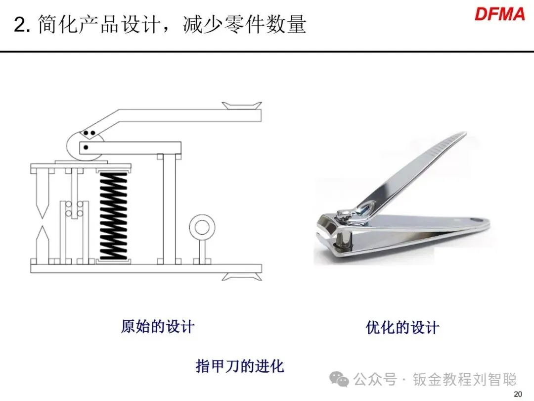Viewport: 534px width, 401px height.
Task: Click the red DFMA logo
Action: tap(499, 14)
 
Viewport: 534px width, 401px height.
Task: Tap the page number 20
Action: tap(518, 394)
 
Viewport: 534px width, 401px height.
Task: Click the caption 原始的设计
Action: tap(158, 326)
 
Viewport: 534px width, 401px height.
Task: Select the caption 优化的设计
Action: tap(402, 327)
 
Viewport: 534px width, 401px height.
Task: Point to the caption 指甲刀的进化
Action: tap(240, 366)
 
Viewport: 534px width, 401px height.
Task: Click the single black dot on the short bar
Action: tap(86, 148)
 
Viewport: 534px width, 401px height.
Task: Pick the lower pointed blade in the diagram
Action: tap(42, 242)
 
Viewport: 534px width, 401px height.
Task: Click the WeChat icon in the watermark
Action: tap(339, 379)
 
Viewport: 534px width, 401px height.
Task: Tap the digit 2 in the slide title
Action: tap(19, 25)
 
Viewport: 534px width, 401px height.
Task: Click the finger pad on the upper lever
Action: tap(242, 105)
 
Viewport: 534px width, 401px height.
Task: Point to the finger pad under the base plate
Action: tap(242, 277)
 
